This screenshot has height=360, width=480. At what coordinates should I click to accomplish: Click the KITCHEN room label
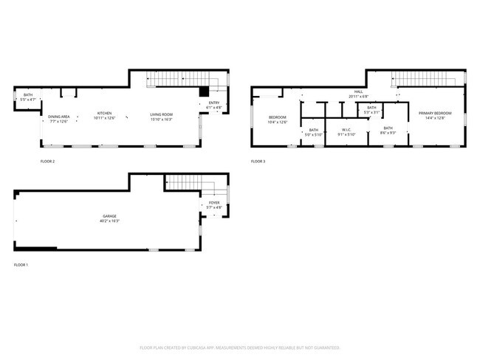(103, 114)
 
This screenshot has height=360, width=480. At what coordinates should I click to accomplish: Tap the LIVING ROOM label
(162, 114)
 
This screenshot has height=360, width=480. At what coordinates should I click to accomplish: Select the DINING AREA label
(59, 117)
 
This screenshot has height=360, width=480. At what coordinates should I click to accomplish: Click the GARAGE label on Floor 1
(109, 216)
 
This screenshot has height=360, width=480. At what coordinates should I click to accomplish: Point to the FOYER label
(214, 203)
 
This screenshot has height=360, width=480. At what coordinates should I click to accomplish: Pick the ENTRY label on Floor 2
(214, 103)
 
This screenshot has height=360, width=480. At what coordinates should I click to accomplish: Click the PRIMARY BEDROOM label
(434, 113)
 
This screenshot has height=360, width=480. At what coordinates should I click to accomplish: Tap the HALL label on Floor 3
(359, 93)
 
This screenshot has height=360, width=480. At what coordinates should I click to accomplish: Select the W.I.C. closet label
(346, 131)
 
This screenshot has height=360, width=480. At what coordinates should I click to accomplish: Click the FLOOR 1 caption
(21, 265)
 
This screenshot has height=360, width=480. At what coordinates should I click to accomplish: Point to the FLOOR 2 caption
(47, 161)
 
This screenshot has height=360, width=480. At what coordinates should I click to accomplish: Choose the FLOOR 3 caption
(258, 161)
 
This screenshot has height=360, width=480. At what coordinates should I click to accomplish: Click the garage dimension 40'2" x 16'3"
(109, 221)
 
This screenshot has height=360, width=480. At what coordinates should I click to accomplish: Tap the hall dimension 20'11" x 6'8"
(359, 97)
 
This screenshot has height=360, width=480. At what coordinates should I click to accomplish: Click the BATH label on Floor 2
(28, 94)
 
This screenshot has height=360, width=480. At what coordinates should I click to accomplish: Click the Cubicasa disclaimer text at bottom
(240, 347)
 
